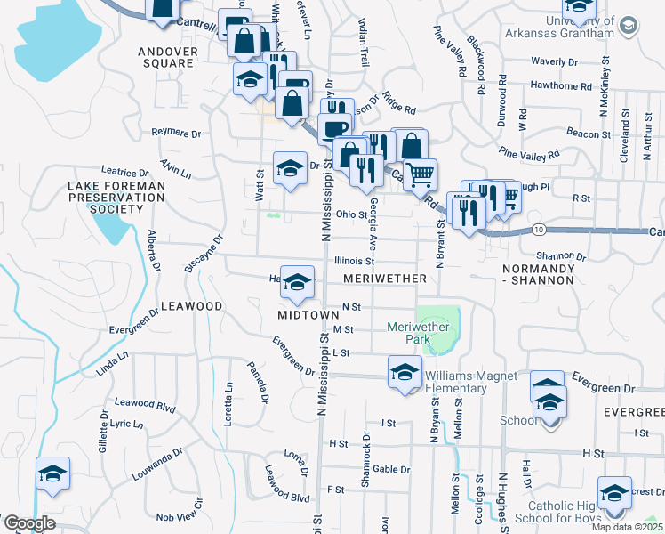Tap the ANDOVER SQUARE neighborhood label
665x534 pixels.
pos(166,57)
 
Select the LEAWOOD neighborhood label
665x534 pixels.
pos(190,306)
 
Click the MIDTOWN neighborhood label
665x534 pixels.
pos(308,315)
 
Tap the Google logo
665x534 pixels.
pos(28,523)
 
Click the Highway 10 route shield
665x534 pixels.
pos(540,230)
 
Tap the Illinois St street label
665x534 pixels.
pos(354,262)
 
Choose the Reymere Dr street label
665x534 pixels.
pos(176,133)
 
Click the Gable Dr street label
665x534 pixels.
pos(391,469)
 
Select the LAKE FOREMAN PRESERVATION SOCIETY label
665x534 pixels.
pos(105,198)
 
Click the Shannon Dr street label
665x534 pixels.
pos(561,255)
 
